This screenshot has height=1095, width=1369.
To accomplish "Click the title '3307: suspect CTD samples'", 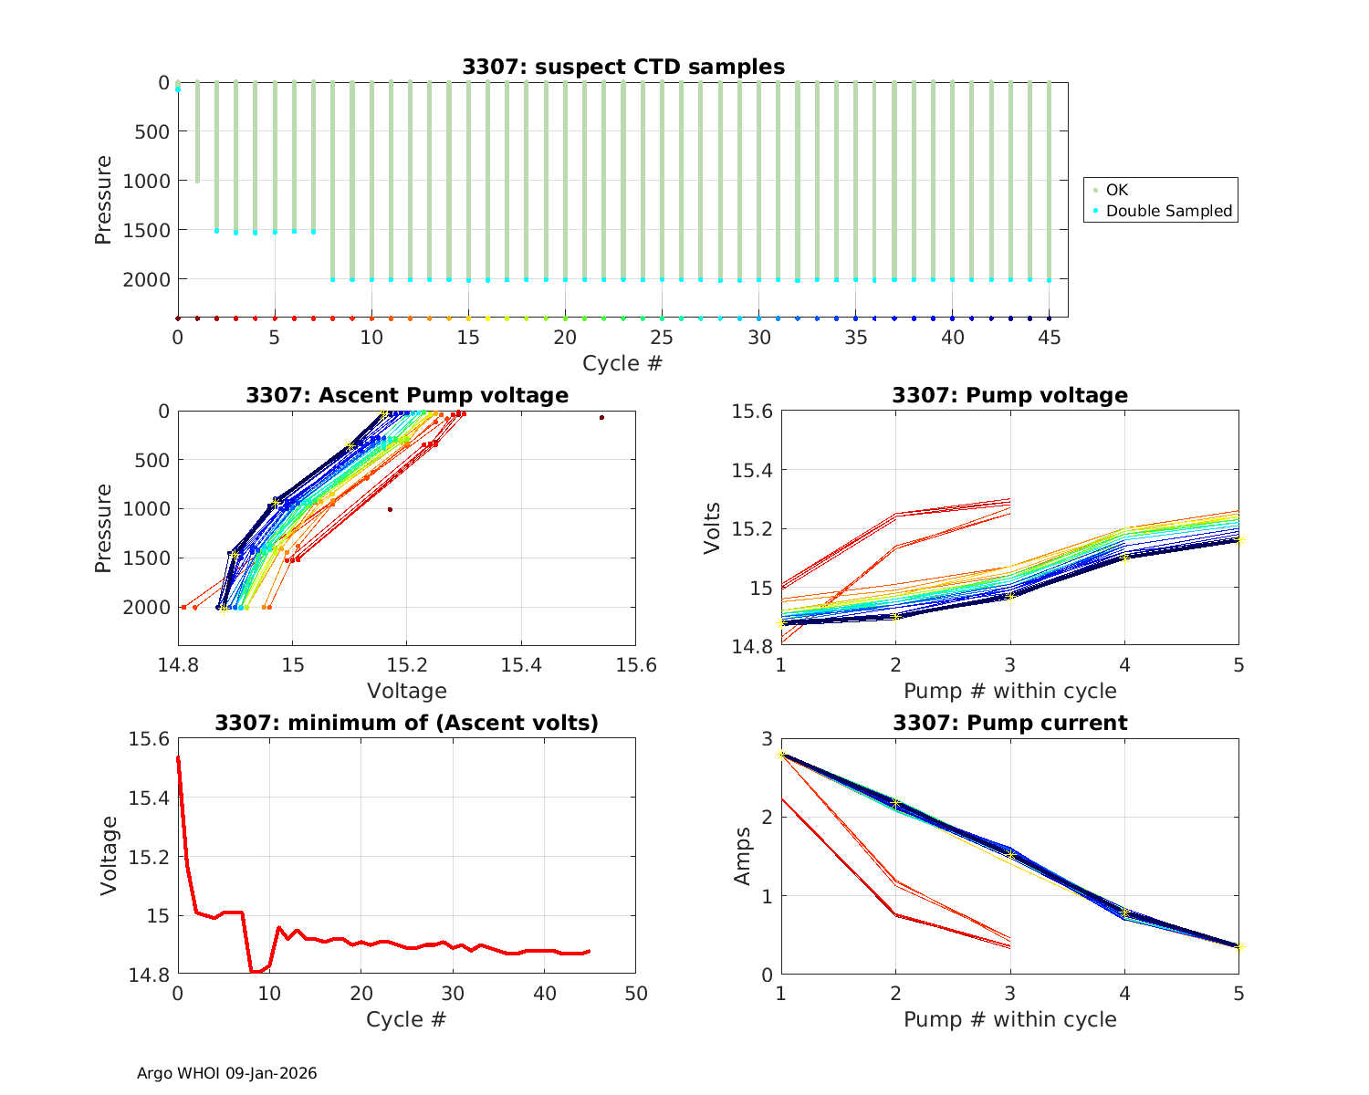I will click(622, 67).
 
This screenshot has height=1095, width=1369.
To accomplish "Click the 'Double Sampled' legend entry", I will click(1168, 212).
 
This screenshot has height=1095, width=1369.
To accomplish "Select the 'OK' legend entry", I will click(1116, 190).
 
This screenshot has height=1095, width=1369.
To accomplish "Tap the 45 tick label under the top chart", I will click(1050, 338).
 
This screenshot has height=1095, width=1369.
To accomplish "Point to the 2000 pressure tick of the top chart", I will click(145, 279).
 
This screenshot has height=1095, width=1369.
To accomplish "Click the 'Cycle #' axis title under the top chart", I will click(622, 363).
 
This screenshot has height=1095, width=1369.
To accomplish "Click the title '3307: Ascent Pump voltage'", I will click(406, 395).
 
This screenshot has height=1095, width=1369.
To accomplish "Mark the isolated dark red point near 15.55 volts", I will click(601, 417).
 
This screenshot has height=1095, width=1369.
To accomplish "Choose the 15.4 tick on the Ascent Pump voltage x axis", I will click(521, 666).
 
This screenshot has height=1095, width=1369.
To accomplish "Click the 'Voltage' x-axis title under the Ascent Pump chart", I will click(406, 691).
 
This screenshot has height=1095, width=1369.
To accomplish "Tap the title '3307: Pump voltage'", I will click(1009, 395).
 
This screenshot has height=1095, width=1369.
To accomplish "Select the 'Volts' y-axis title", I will click(713, 528).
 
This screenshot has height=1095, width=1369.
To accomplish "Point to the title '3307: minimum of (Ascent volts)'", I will click(406, 724).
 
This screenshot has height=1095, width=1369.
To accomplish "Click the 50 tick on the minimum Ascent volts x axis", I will click(635, 994).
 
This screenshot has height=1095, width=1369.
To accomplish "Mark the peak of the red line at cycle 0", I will click(178, 756).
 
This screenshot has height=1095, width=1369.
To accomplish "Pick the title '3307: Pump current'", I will click(1009, 724).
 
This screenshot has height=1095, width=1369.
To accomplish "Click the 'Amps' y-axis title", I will click(743, 856).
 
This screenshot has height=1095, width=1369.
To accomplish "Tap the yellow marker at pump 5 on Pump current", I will click(1238, 946).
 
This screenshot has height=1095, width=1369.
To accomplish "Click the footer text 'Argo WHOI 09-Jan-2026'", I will click(226, 1074).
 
